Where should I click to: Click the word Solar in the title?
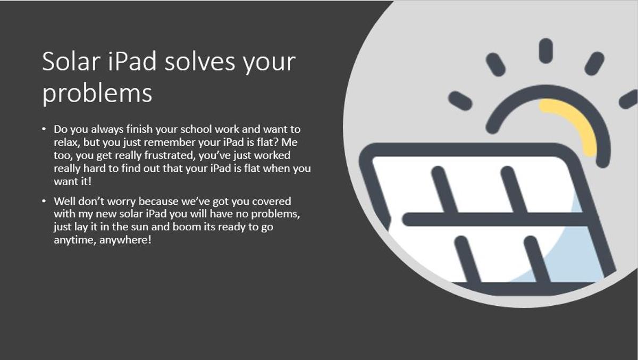point(71,61)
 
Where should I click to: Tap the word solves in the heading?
point(200,61)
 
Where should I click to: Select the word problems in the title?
point(97,94)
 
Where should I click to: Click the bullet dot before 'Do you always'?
point(44,129)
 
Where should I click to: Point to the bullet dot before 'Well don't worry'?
point(44,201)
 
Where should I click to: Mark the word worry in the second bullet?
point(121,202)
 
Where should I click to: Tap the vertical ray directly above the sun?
point(545,51)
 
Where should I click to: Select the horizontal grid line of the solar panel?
point(496,219)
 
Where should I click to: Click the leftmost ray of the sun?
point(460,101)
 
